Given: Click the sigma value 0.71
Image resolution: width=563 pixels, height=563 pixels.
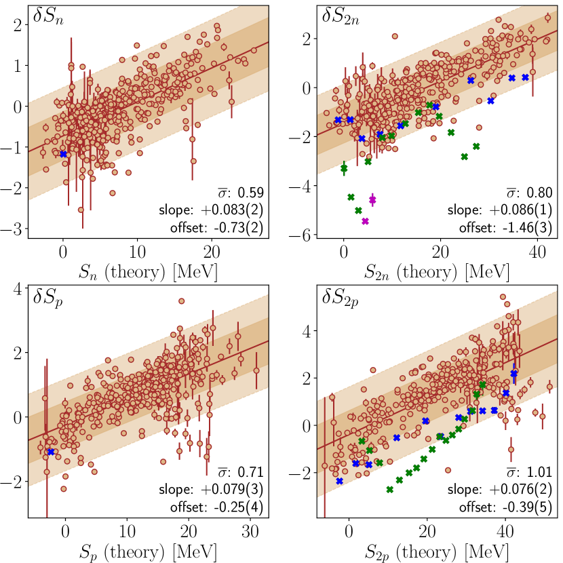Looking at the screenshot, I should [248, 472].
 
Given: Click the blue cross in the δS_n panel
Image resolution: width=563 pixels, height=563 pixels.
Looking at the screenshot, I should [63, 154].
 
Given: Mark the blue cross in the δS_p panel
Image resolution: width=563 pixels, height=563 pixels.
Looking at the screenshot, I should [50, 452].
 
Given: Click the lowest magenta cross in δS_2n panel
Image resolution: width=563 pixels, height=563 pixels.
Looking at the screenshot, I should [365, 221].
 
